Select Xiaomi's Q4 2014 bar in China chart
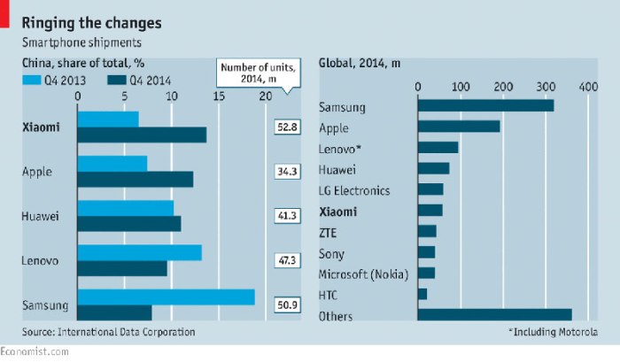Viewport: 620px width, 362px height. (142, 135)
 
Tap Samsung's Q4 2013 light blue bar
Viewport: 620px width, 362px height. (167, 297)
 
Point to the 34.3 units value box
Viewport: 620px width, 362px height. (287, 172)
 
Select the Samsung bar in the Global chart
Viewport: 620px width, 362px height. (485, 105)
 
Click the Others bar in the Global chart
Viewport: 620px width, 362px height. (494, 315)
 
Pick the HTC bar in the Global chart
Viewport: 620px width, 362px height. (422, 294)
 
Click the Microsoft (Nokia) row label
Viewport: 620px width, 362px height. (362, 273)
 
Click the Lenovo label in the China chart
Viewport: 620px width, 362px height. (40, 261)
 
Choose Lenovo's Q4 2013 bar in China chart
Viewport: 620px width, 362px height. (140, 252)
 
